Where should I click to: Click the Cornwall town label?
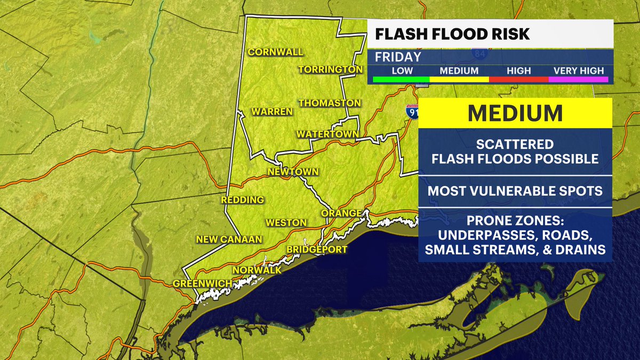point(275,52)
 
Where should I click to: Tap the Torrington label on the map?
point(331,70)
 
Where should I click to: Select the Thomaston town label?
point(330,102)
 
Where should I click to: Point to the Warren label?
point(272,111)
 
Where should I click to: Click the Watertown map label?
point(327,133)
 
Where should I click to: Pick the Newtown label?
point(293,172)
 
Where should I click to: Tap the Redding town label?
point(243,200)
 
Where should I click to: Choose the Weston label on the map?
point(287,222)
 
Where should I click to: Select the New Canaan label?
point(229,239)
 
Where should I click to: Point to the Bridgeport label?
point(317,249)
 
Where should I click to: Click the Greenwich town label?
point(202,283)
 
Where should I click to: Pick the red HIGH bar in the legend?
point(519,79)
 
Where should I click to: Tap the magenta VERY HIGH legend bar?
point(579,79)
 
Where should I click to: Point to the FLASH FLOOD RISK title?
point(453,34)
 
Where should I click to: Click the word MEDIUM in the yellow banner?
point(515,113)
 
